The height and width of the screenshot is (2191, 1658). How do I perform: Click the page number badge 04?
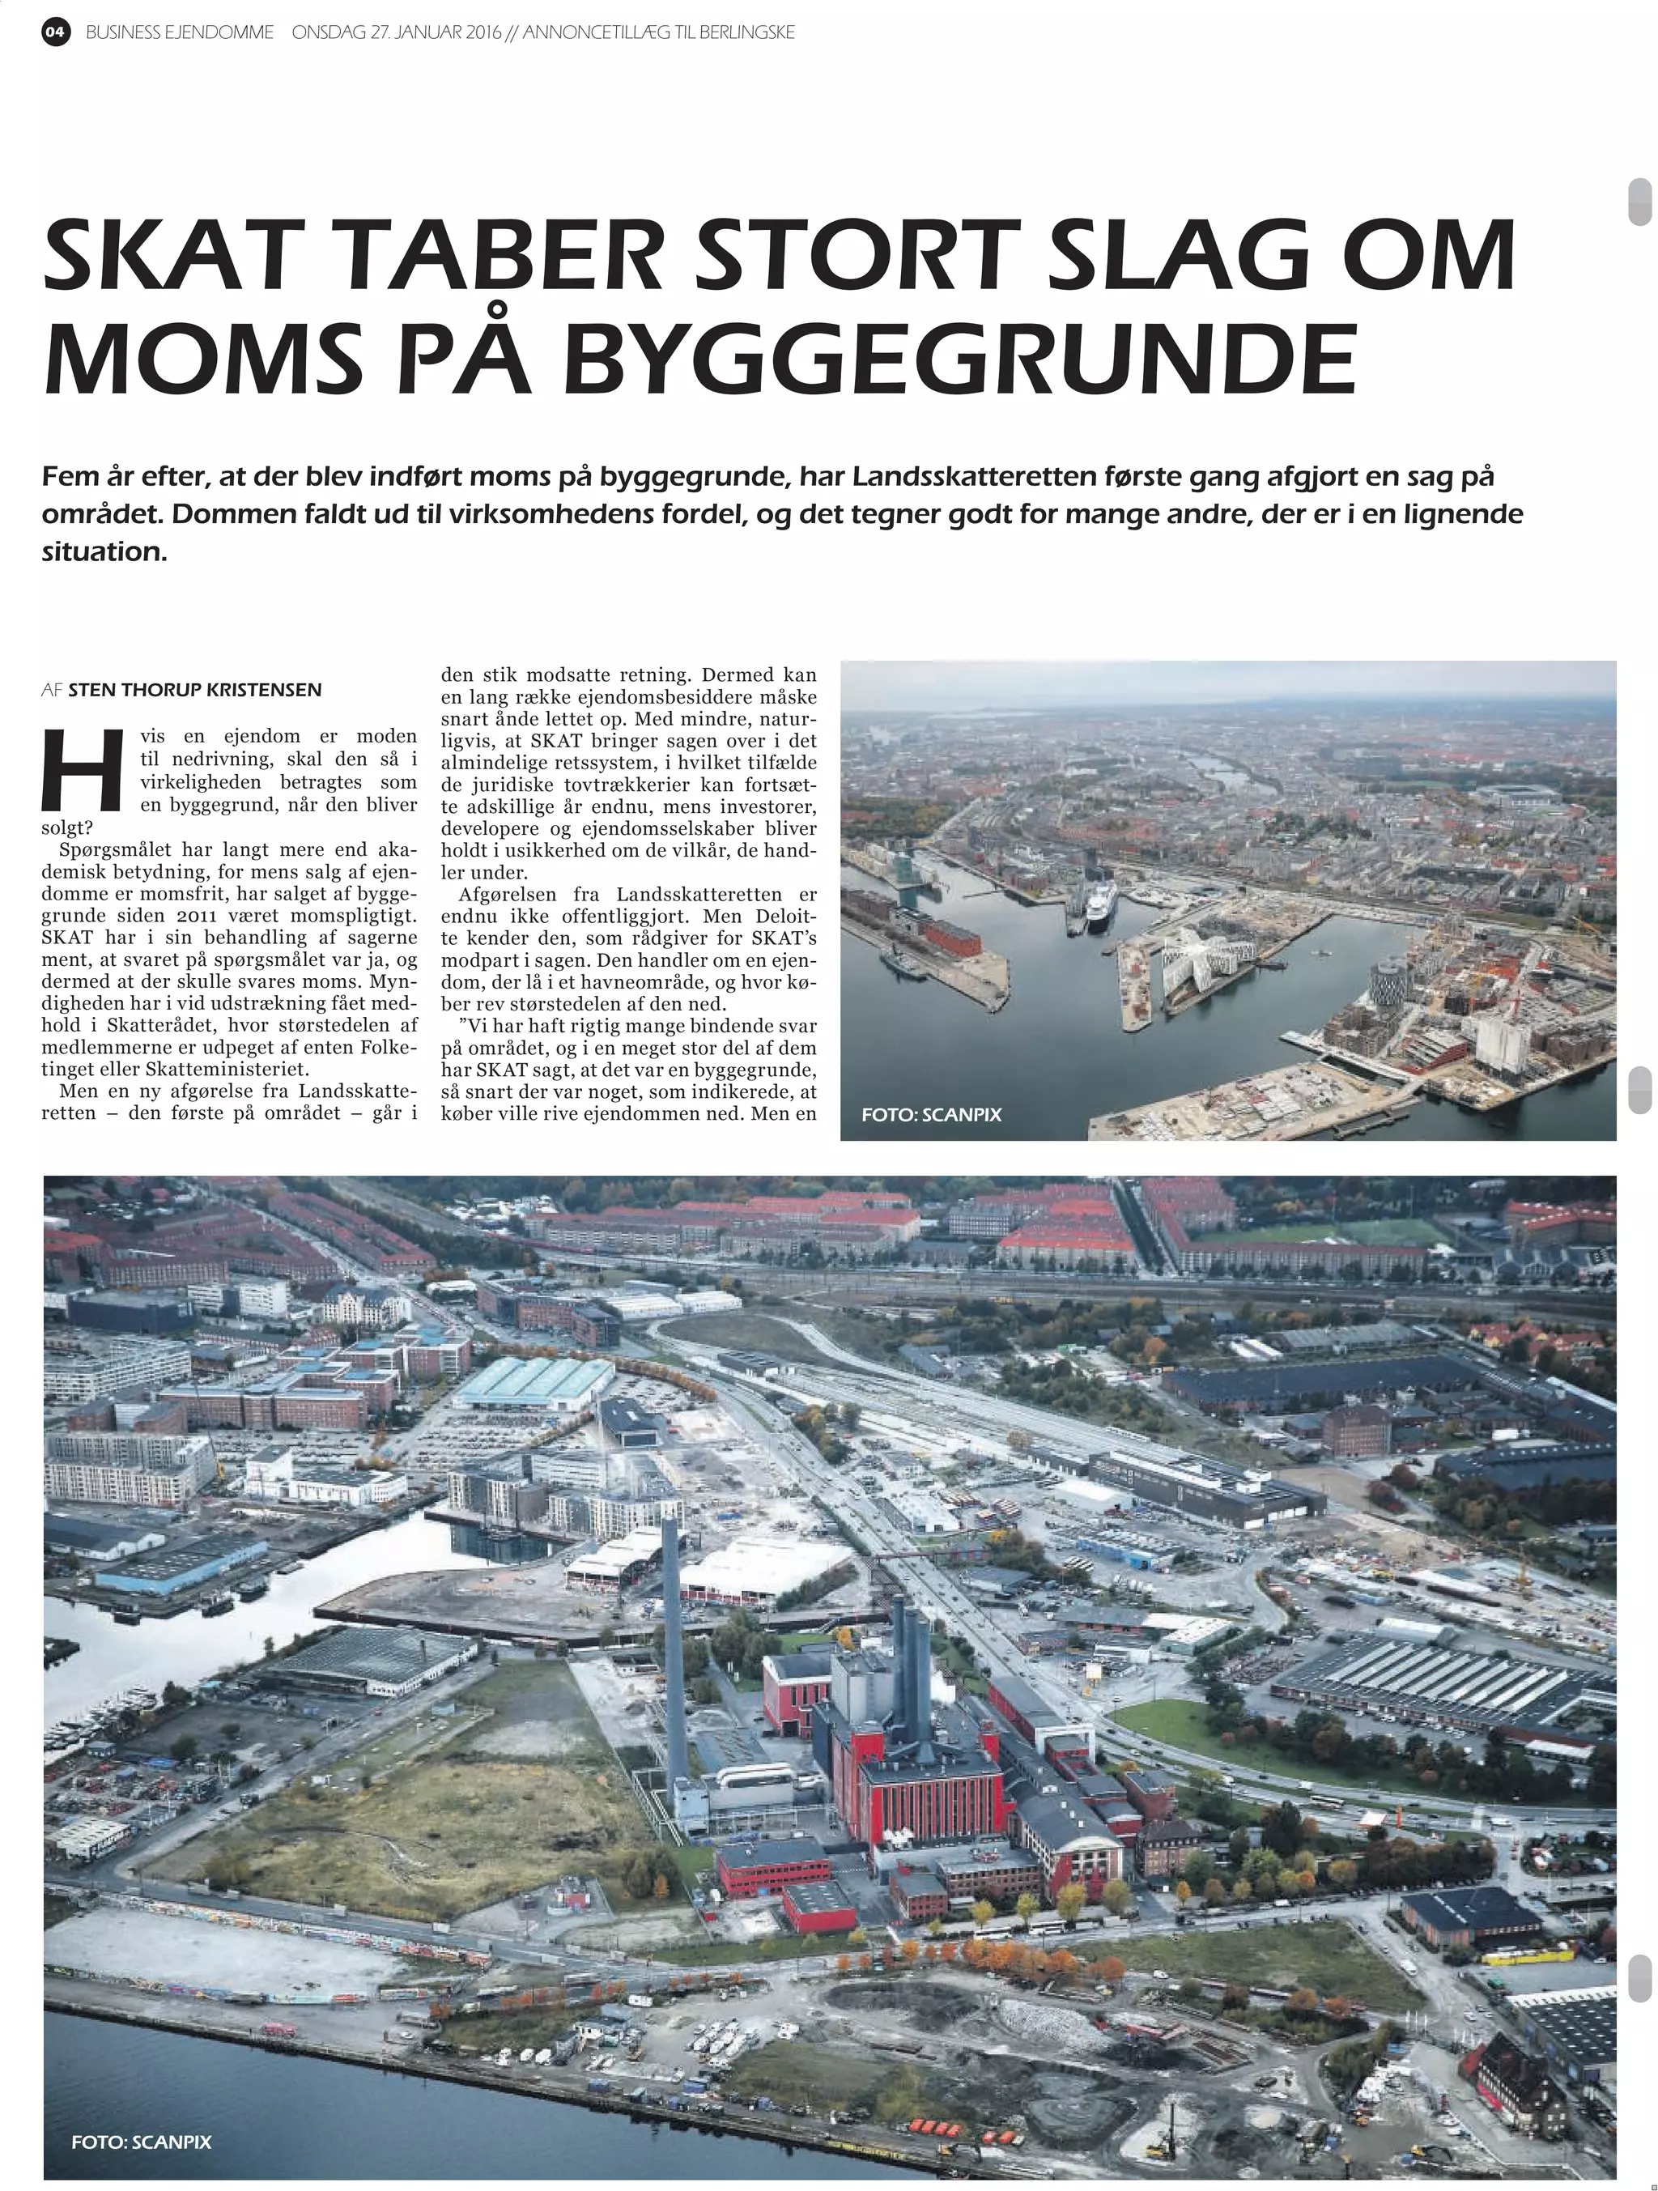pyautogui.click(x=57, y=32)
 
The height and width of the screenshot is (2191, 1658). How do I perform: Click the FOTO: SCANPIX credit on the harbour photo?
pyautogui.click(x=931, y=1114)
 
